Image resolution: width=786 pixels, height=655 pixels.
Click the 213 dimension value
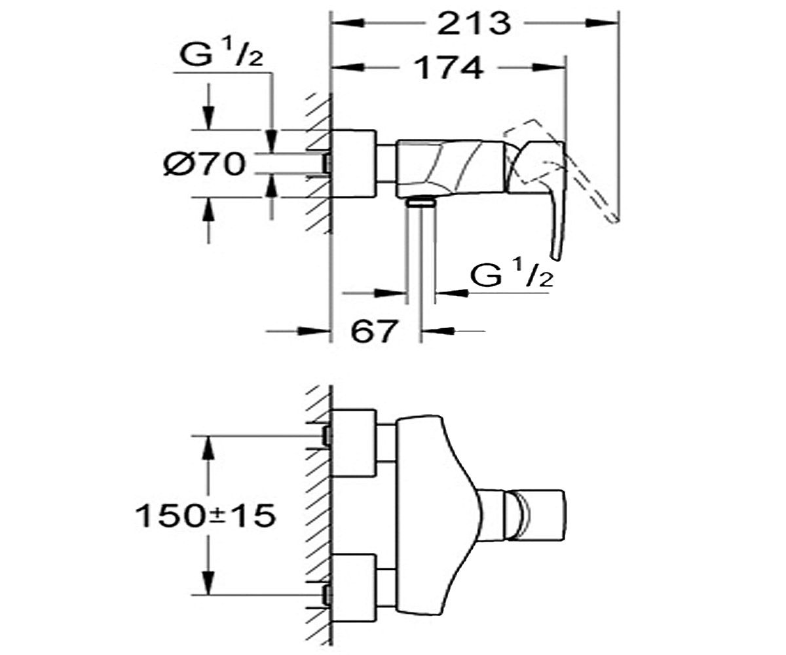click(475, 24)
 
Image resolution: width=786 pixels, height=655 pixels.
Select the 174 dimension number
click(450, 67)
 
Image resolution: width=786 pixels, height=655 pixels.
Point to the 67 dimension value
click(374, 331)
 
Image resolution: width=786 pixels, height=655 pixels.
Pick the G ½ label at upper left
click(221, 54)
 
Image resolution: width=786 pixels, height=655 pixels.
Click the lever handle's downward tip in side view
click(556, 257)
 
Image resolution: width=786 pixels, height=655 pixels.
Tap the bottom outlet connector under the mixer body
click(421, 204)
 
